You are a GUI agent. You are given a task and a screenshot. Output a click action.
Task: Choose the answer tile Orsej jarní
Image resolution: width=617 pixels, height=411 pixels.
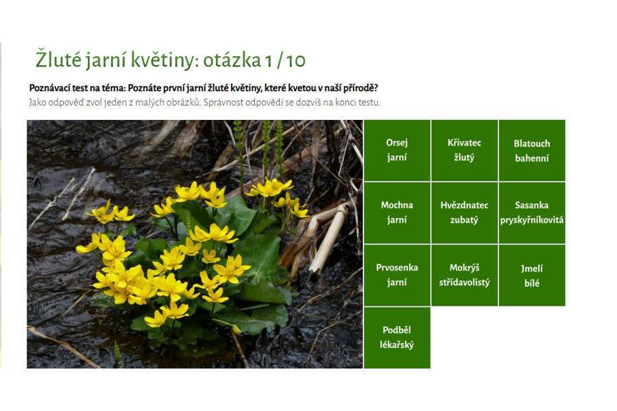397,150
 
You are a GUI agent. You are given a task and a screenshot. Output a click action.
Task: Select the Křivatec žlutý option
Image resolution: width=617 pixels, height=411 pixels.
464,150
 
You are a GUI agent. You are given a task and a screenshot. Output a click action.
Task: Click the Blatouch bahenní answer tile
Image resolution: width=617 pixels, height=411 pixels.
531,150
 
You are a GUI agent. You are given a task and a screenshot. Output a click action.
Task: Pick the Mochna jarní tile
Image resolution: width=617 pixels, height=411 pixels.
397,213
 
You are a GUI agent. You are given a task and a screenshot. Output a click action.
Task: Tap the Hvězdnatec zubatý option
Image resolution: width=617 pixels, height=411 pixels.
464,213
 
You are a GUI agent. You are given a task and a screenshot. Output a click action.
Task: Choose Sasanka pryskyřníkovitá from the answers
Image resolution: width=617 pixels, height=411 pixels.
531,213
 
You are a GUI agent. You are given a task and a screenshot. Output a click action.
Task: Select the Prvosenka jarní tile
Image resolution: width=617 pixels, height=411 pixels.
397,275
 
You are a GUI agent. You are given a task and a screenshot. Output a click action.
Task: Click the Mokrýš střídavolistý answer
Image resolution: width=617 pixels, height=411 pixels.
464,275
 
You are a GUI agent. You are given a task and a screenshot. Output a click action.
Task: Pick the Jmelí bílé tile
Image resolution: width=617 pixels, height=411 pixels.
531,275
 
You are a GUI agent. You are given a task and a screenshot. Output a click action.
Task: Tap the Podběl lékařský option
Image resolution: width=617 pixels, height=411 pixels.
397,338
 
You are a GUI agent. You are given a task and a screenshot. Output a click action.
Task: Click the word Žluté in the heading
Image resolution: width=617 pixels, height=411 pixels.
59,60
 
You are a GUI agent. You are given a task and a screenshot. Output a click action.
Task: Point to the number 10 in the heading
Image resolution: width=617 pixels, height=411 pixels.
295,60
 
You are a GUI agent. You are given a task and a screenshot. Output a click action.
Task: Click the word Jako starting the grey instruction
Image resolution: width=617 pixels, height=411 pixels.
38,103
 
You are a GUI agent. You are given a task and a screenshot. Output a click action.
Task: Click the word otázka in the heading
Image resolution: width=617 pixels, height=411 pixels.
232,60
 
